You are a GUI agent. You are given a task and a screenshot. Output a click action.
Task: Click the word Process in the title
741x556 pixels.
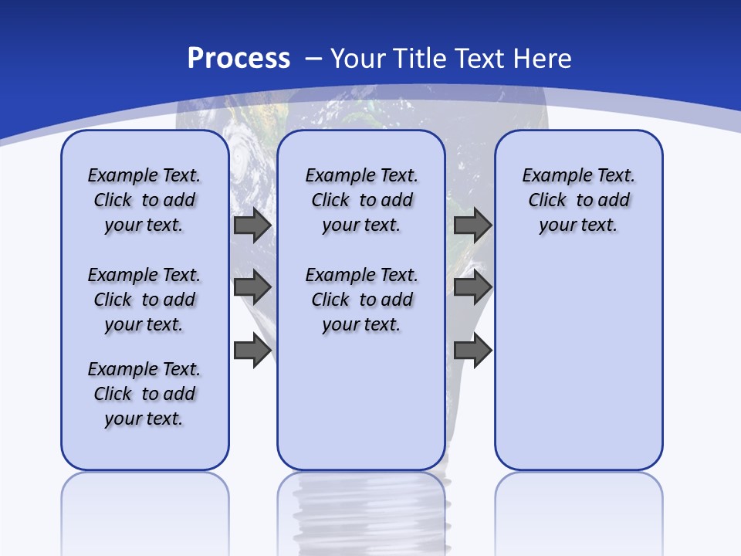point(239,59)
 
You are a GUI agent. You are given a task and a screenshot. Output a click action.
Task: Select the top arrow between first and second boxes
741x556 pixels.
point(252,225)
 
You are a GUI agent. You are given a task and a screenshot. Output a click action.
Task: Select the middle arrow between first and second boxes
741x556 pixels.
point(252,287)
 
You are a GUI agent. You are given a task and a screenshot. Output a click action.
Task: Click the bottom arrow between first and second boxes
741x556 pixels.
point(252,350)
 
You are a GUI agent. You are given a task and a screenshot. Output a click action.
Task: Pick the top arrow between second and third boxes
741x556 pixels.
point(472,225)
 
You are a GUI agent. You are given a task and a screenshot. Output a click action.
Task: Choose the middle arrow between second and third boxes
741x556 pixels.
point(472,287)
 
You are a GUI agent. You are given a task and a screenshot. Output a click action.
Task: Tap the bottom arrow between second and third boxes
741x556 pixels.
point(472,350)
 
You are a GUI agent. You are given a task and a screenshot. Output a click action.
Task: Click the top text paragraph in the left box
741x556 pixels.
point(144,200)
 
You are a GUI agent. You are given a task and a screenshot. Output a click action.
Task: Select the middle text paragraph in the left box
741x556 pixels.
point(144,300)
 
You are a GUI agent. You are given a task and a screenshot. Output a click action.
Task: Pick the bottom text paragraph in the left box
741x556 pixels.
point(144,394)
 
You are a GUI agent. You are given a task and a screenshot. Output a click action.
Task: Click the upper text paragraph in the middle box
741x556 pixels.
point(361,200)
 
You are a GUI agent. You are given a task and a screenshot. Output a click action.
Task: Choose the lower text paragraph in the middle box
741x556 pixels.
point(361,300)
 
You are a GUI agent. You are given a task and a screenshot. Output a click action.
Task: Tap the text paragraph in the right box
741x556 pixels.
point(578,200)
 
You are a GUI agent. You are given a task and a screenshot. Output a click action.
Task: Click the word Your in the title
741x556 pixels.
point(357,59)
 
